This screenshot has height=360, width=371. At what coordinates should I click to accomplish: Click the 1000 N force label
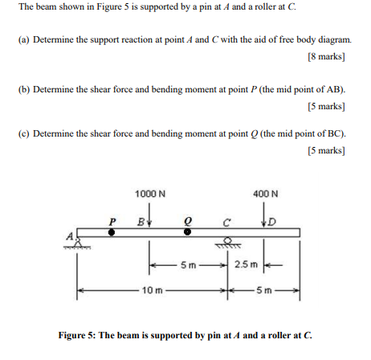(x=150, y=194)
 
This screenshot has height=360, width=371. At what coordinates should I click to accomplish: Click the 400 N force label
(x=264, y=194)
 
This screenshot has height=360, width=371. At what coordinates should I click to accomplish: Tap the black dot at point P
(x=112, y=232)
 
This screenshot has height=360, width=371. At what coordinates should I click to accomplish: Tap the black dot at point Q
(x=187, y=232)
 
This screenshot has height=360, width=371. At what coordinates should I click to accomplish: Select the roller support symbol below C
(x=232, y=242)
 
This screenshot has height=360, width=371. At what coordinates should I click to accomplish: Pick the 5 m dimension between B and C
(x=188, y=264)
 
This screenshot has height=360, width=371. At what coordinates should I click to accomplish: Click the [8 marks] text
(x=325, y=57)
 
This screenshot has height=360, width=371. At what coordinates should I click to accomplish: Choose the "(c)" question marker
(x=25, y=133)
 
